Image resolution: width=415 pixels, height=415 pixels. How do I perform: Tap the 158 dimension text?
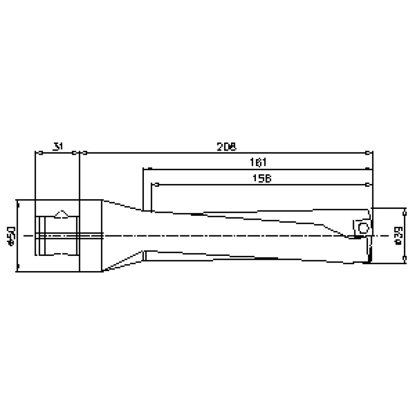(x=262, y=177)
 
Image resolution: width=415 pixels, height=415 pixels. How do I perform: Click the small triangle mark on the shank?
(x=63, y=213)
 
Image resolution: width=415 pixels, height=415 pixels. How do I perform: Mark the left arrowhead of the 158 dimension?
(x=154, y=184)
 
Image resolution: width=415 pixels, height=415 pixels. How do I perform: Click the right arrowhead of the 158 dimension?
(x=369, y=184)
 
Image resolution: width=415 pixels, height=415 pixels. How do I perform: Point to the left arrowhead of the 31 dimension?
(x=37, y=153)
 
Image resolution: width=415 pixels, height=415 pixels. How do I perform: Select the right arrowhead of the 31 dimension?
(x=75, y=153)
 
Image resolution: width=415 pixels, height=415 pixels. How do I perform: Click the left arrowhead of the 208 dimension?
(x=84, y=153)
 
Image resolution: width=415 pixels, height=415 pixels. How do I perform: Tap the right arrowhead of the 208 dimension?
(x=369, y=153)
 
